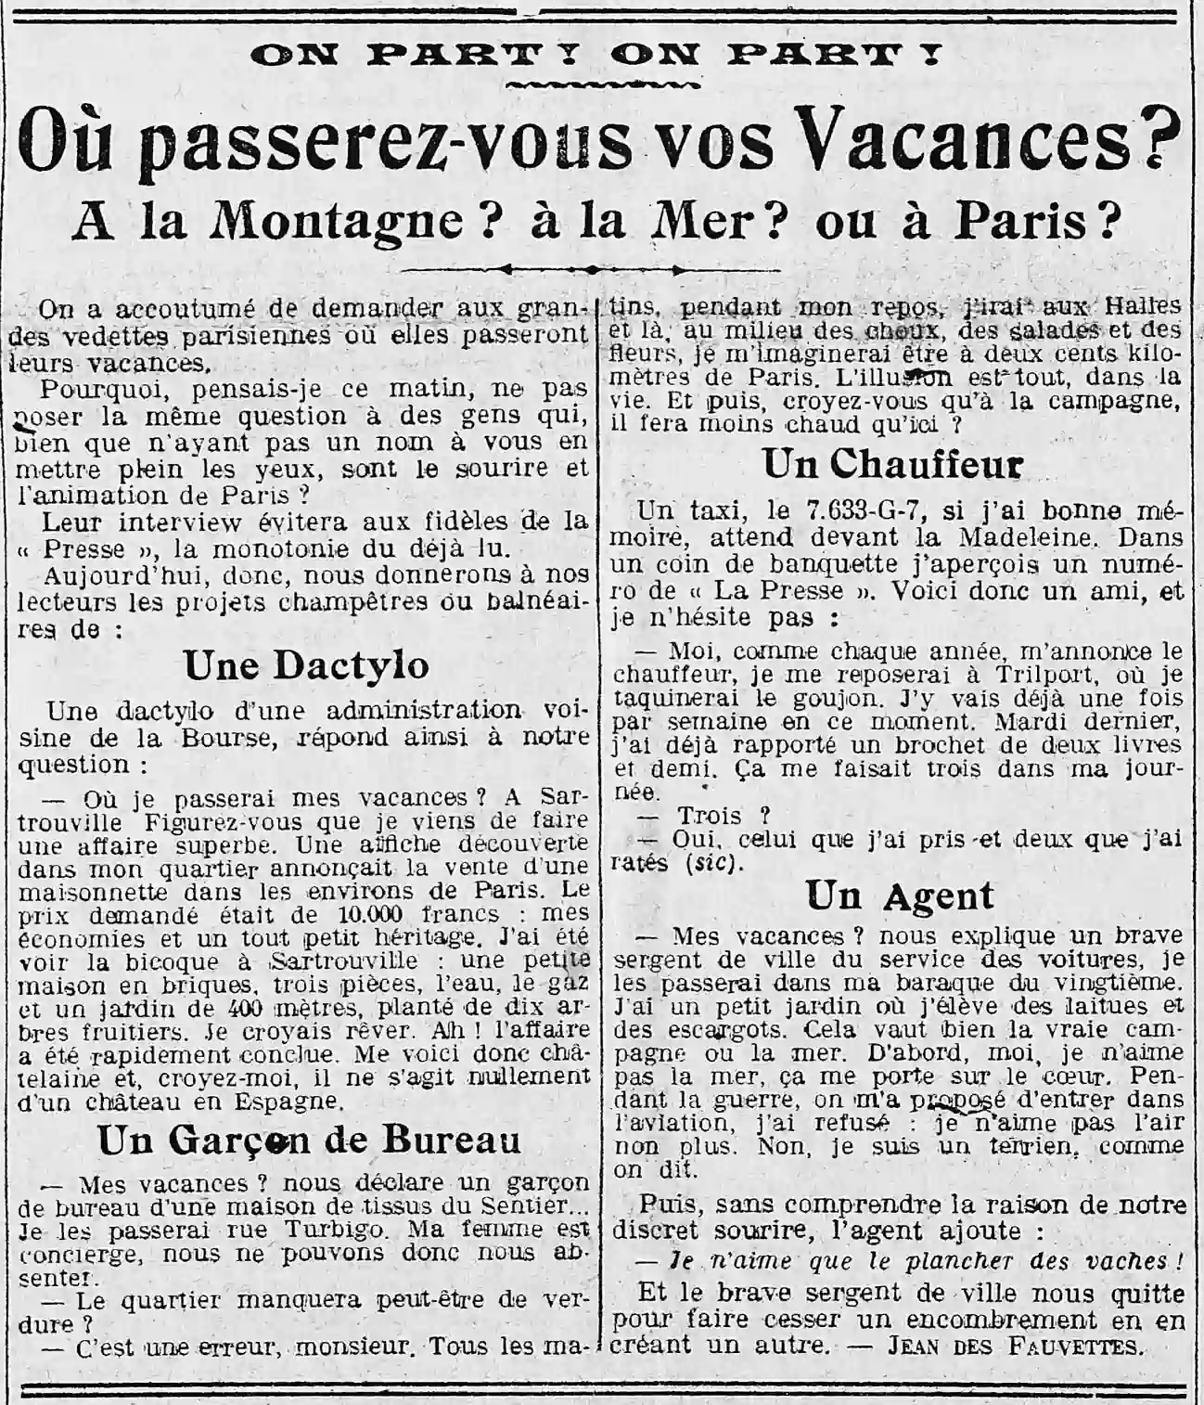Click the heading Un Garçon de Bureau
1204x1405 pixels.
click(309, 1141)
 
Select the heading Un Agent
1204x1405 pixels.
click(899, 896)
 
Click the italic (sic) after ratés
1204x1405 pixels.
click(715, 863)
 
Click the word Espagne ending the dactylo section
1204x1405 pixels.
click(289, 1102)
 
